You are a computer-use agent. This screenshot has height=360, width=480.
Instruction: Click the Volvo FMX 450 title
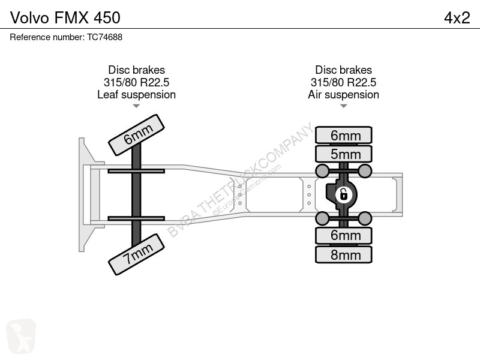pyautogui.click(x=65, y=17)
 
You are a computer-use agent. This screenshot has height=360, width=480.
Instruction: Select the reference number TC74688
pyautogui.click(x=66, y=37)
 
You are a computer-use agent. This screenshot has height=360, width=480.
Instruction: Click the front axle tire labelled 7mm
pyautogui.click(x=136, y=253)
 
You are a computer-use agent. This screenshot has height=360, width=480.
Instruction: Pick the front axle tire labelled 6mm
pyautogui.click(x=136, y=135)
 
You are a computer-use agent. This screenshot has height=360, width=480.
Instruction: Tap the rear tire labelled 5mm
pyautogui.click(x=344, y=154)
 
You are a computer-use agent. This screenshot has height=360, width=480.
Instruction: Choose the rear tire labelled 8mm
pyautogui.click(x=344, y=254)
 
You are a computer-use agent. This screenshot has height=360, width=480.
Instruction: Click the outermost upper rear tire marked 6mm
pyautogui.click(x=344, y=135)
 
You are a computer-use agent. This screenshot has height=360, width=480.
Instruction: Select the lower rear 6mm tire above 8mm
pyautogui.click(x=344, y=235)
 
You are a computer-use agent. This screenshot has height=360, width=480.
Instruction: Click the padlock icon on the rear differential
pyautogui.click(x=343, y=194)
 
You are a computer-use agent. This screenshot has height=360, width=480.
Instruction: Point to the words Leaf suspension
pyautogui.click(x=136, y=94)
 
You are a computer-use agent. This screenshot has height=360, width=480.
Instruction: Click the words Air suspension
pyautogui.click(x=343, y=94)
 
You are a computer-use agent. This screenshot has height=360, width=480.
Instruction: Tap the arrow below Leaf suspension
pyautogui.click(x=136, y=106)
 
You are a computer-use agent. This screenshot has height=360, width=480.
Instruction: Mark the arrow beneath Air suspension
pyautogui.click(x=343, y=106)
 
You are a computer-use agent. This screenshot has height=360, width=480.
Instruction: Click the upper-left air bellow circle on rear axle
pyautogui.click(x=322, y=172)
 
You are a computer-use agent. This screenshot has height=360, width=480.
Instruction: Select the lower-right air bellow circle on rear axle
pyautogui.click(x=365, y=217)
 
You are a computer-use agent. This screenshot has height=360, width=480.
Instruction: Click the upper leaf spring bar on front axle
pyautogui.click(x=136, y=172)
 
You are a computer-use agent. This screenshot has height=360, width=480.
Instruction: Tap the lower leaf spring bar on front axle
pyautogui.click(x=136, y=217)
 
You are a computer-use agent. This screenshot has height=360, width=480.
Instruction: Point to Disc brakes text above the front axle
pyautogui.click(x=136, y=70)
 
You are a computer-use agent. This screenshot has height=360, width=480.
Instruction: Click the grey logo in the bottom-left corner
pyautogui.click(x=21, y=336)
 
